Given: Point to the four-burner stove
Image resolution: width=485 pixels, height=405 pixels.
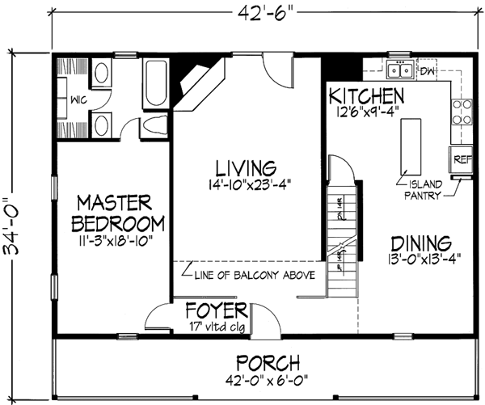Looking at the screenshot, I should (x=463, y=112).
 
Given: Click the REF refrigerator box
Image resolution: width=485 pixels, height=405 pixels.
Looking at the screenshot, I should (x=462, y=159).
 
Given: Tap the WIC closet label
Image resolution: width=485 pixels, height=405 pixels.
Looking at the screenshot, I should (x=78, y=99).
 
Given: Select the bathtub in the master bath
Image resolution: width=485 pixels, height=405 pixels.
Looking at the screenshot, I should (x=154, y=80).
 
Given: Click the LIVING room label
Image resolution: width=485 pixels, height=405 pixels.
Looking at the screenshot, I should (x=248, y=167).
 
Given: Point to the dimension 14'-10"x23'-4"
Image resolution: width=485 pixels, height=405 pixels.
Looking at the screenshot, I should (x=248, y=184).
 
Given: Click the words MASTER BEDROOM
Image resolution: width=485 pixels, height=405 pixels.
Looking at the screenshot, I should (x=119, y=212).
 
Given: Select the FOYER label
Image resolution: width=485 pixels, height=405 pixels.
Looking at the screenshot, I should (x=216, y=312).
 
